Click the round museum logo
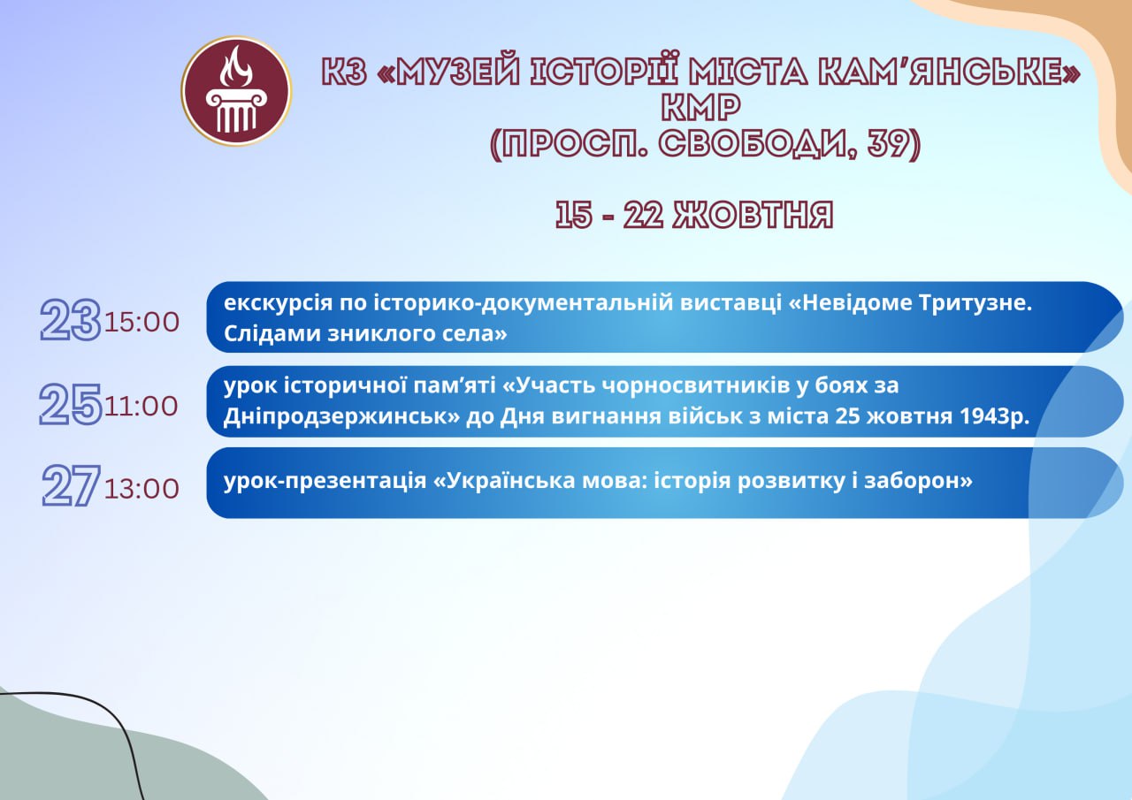click(x=236, y=91)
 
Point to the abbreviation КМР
click(x=701, y=108)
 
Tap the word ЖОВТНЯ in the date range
click(x=753, y=215)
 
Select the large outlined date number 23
click(x=71, y=320)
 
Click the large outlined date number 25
click(x=71, y=404)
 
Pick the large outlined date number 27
click(x=72, y=486)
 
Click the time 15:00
click(x=142, y=323)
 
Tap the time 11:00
click(x=141, y=406)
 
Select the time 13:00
click(x=142, y=489)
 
